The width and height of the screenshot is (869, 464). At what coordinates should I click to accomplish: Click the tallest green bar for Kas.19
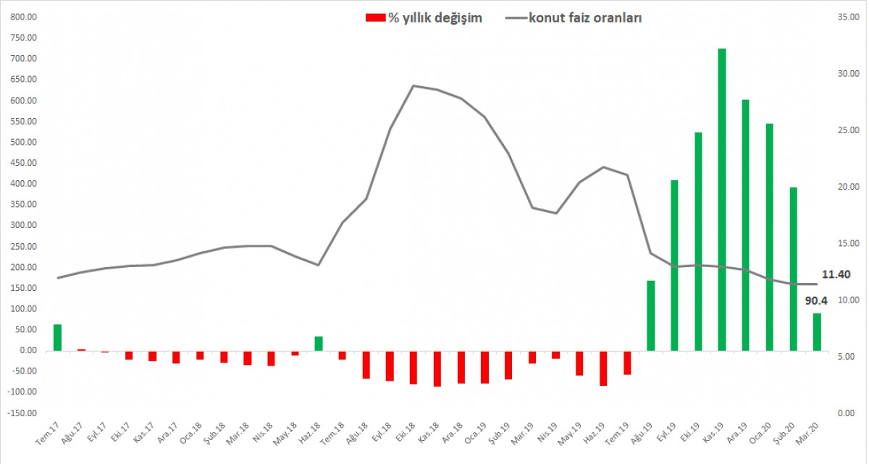coord(722,199)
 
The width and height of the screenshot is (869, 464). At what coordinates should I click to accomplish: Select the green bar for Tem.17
coord(58,337)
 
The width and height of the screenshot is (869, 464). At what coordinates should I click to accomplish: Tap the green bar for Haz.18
coord(319,343)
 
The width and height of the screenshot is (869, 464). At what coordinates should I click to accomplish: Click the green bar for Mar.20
coord(817,332)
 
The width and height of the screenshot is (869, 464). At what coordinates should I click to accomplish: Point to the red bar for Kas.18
coord(437,368)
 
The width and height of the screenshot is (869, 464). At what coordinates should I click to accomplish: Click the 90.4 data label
coord(817,300)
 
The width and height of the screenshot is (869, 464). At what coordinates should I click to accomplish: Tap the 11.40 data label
coord(836,274)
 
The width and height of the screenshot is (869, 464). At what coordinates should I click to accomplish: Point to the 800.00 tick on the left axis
coord(23,17)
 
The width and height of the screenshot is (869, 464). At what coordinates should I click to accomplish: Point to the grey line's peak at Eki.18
coord(413,85)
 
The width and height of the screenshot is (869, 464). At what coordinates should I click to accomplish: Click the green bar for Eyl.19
coord(674,265)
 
